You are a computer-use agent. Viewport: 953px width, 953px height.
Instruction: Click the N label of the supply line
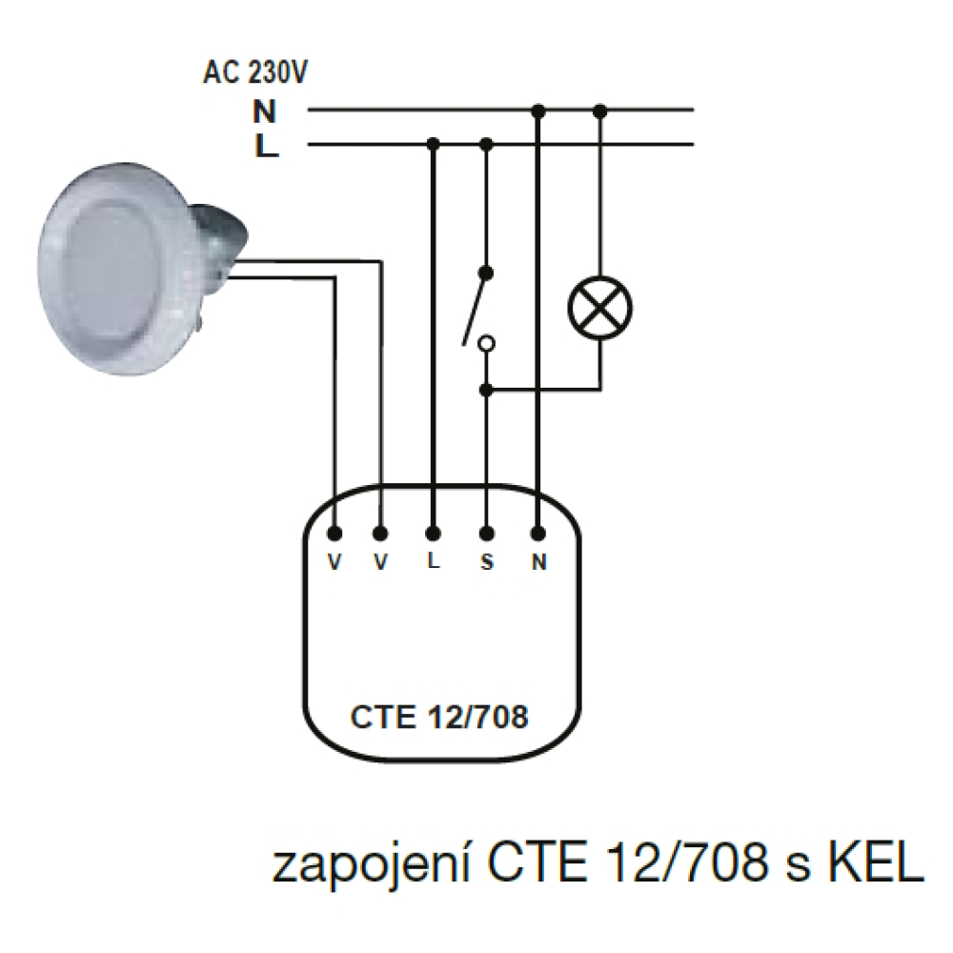click(264, 112)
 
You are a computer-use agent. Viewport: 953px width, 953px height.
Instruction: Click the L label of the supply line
click(266, 146)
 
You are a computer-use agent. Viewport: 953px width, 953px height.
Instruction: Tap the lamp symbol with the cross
click(599, 308)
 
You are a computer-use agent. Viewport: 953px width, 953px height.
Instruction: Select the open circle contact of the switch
click(486, 344)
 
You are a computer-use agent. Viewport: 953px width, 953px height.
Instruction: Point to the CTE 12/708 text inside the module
click(439, 718)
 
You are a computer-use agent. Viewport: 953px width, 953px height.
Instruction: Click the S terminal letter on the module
click(487, 562)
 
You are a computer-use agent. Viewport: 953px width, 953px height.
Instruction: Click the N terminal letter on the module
click(539, 562)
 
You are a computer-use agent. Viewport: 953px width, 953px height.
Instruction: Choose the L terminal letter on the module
click(434, 561)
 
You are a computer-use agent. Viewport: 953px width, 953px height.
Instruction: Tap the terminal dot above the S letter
click(486, 534)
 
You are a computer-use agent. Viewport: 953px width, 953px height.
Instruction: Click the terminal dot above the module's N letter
click(537, 534)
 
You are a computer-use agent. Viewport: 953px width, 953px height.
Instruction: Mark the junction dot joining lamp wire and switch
click(486, 390)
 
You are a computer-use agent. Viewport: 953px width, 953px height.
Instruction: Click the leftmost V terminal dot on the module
click(335, 534)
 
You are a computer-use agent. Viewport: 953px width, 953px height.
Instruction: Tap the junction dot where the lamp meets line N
click(599, 112)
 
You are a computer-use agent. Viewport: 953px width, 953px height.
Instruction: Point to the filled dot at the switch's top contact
click(486, 273)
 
